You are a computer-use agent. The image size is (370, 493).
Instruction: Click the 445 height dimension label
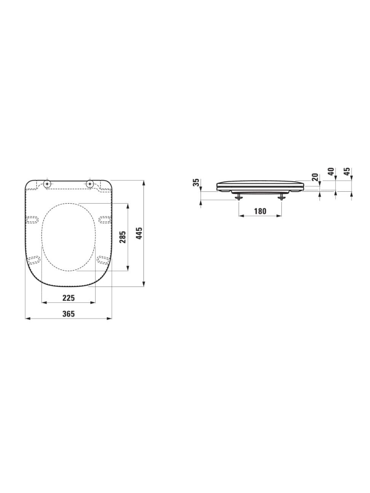[x=139, y=233]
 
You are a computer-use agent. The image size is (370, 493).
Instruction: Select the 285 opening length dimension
[x=123, y=237]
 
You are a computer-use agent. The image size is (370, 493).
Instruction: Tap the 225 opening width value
[x=69, y=298]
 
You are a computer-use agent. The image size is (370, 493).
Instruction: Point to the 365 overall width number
[x=69, y=314]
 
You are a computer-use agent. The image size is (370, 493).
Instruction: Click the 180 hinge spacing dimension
[x=260, y=211]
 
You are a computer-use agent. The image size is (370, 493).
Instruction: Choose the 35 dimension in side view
[x=196, y=182]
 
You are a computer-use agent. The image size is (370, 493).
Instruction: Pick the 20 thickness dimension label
[x=316, y=177]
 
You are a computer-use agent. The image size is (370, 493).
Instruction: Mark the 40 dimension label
[x=331, y=172]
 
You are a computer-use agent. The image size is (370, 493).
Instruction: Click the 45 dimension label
[x=347, y=172]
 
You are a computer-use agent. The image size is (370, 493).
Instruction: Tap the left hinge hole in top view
[x=47, y=184]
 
